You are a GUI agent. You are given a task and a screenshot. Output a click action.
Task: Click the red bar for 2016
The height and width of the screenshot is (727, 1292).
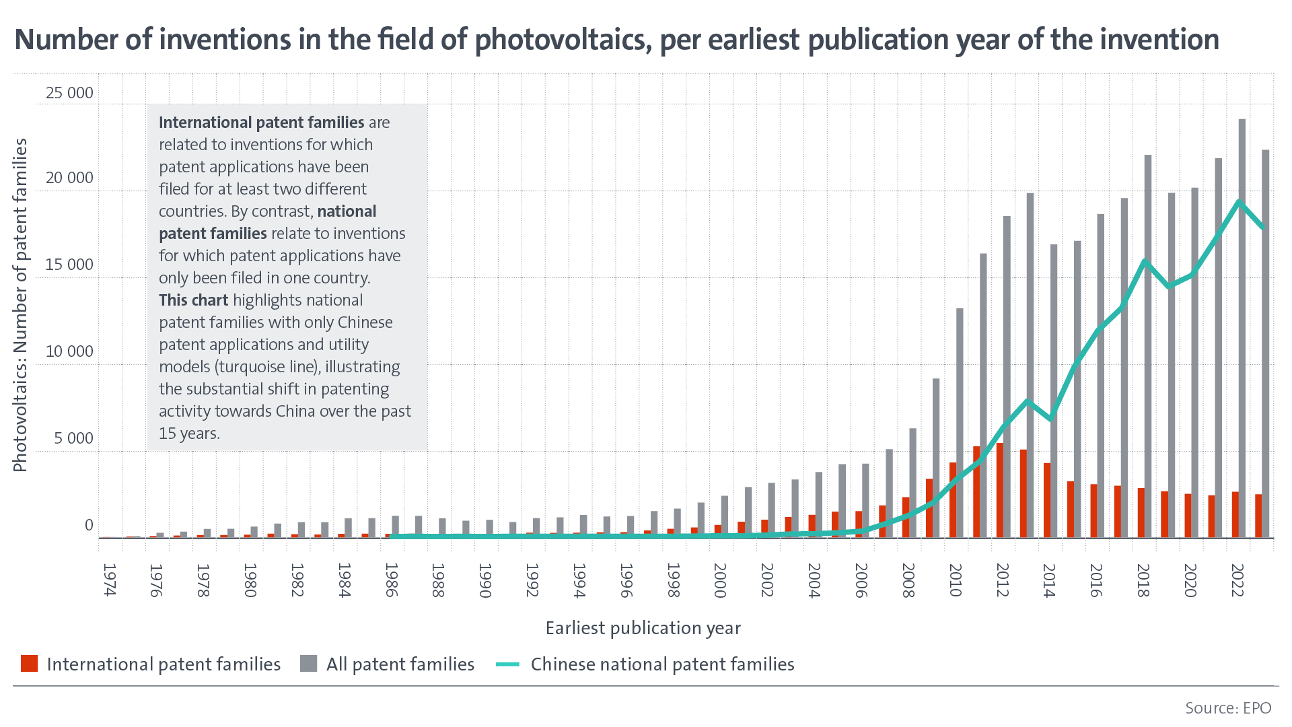pyautogui.click(x=1094, y=511)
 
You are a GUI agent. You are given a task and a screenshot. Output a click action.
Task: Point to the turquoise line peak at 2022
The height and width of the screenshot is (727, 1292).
pyautogui.click(x=1239, y=202)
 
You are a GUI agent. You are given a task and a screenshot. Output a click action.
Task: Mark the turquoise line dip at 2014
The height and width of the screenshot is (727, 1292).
pyautogui.click(x=1050, y=419)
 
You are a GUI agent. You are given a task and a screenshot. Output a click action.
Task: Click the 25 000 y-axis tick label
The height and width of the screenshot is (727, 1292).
pyautogui.click(x=69, y=93)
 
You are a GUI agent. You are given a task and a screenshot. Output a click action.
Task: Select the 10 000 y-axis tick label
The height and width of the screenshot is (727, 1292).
pyautogui.click(x=69, y=351)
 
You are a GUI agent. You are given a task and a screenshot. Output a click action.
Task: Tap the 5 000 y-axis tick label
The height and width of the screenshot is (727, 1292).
pyautogui.click(x=74, y=438)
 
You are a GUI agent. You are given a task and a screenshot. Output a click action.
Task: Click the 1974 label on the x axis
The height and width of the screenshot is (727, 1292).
pyautogui.click(x=110, y=580)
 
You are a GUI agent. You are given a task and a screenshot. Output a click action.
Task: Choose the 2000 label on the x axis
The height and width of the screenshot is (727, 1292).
pyautogui.click(x=719, y=580)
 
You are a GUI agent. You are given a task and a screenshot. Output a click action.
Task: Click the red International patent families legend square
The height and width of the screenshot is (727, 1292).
pyautogui.click(x=29, y=664)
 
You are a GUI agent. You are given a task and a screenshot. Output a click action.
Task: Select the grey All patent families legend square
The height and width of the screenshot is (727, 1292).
pyautogui.click(x=309, y=664)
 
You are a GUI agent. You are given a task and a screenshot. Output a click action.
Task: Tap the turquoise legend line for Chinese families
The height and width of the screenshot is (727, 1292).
pyautogui.click(x=508, y=664)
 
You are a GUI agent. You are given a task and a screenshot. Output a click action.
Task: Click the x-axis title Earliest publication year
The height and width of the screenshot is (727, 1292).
pyautogui.click(x=643, y=628)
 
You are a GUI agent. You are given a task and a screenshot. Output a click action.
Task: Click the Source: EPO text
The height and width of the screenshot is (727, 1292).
pyautogui.click(x=1228, y=708)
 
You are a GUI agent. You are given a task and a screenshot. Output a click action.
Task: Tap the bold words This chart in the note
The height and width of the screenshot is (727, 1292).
pyautogui.click(x=193, y=300)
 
